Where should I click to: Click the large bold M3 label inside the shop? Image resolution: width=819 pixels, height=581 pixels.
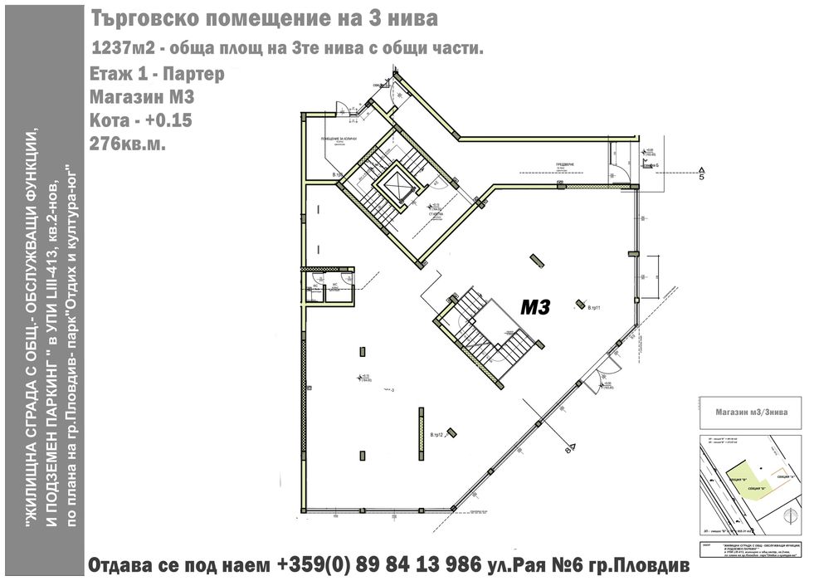[536, 308]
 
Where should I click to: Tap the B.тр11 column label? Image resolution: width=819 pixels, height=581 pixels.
[593, 309]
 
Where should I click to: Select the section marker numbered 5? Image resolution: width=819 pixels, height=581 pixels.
[701, 176]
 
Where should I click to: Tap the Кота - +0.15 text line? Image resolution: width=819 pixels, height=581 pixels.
[139, 120]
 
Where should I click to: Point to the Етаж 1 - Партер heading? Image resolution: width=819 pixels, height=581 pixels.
[155, 74]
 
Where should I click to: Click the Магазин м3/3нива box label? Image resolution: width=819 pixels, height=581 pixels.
[751, 411]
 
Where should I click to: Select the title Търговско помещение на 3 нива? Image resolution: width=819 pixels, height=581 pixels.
[264, 17]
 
